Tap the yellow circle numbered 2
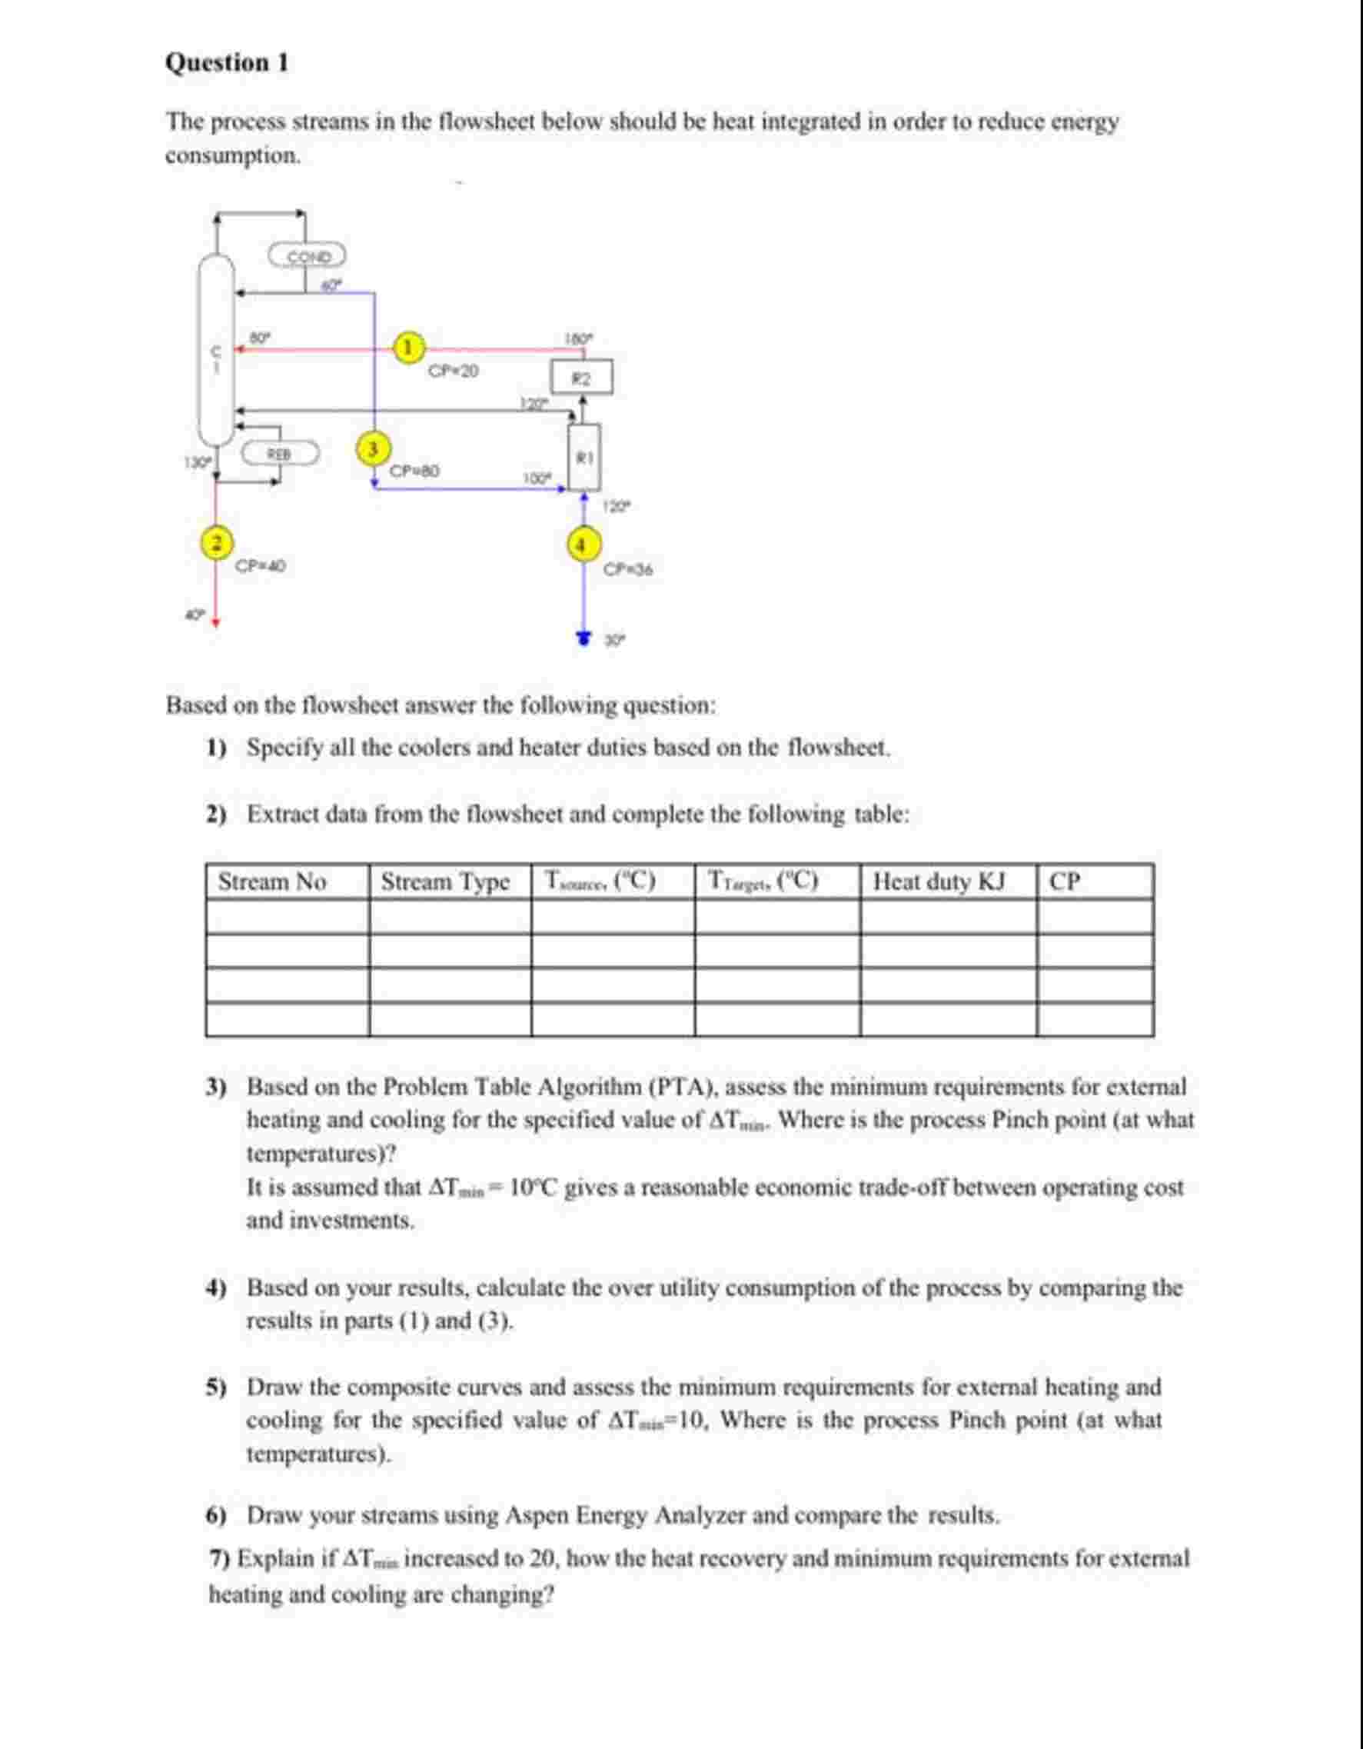pos(214,542)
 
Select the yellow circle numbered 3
pos(371,448)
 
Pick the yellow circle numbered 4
pos(583,545)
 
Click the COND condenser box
pos(308,257)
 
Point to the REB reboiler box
pos(280,453)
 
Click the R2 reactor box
pos(582,378)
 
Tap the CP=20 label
pos(453,371)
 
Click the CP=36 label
pos(628,569)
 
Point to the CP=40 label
pos(261,566)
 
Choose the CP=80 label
pos(414,470)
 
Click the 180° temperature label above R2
pos(580,338)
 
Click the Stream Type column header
pos(445,881)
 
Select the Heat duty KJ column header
pos(939,881)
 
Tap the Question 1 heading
pos(227,62)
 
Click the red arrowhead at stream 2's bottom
pos(214,619)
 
